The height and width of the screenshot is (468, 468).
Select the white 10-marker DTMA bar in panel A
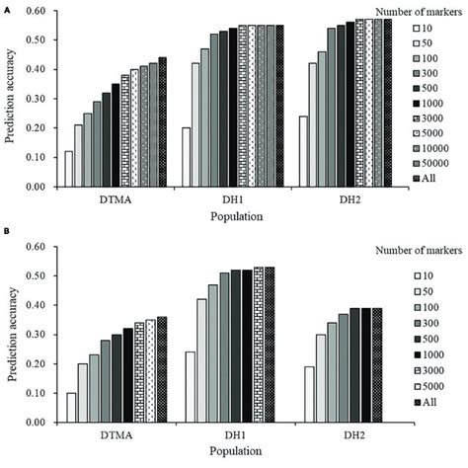(x=69, y=169)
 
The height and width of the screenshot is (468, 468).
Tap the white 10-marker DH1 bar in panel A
(x=187, y=157)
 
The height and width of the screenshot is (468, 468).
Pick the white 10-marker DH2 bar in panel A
(x=303, y=151)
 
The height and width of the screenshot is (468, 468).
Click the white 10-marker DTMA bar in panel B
(x=69, y=407)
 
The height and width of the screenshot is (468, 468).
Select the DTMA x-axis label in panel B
(x=103, y=435)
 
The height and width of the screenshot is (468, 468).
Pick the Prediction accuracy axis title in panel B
(x=11, y=335)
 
